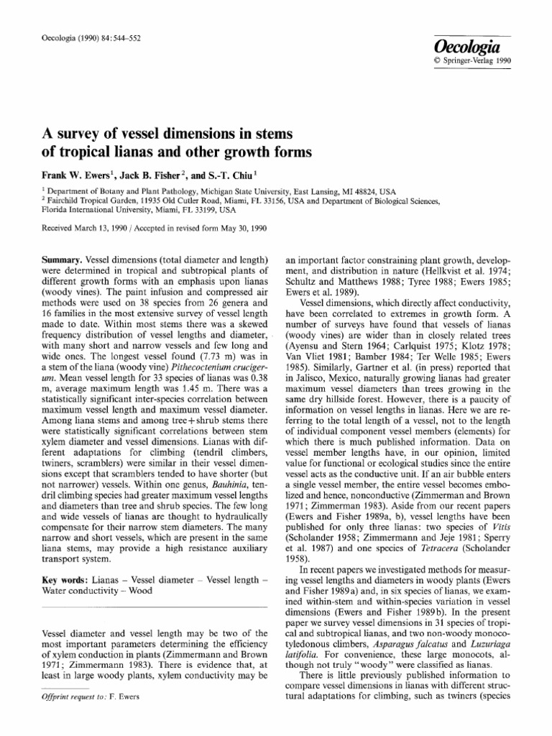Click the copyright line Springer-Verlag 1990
(478, 60)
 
